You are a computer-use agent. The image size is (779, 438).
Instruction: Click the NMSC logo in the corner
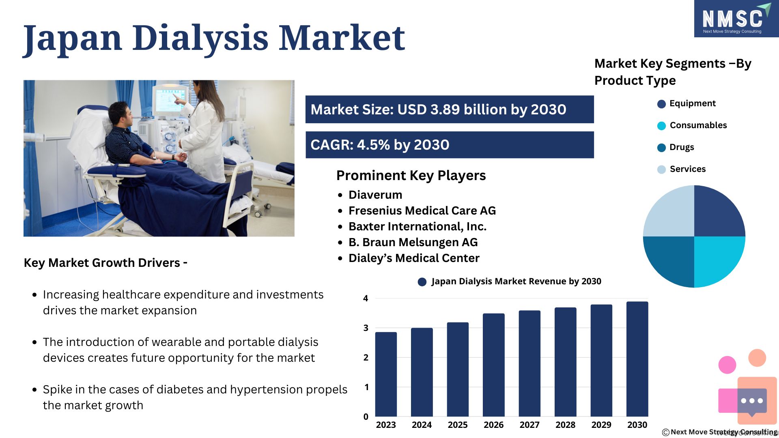[x=736, y=19]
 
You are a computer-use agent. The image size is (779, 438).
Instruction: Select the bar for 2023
[x=386, y=374]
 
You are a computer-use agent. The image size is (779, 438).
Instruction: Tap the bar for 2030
[x=637, y=359]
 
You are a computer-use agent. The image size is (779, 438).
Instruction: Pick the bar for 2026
[x=493, y=365]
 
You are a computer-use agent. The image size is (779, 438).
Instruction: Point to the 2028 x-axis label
[x=565, y=425]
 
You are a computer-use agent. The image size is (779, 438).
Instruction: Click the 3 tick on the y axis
[x=366, y=328]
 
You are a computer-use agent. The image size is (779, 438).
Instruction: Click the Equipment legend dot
[x=661, y=104]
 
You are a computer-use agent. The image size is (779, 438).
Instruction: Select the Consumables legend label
[x=698, y=125]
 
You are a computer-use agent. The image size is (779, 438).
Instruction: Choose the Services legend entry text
[x=688, y=169]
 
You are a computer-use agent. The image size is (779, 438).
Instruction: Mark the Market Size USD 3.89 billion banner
[x=450, y=109]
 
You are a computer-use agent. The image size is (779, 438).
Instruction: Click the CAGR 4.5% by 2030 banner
[x=450, y=145]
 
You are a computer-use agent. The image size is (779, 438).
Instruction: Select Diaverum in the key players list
[x=375, y=195]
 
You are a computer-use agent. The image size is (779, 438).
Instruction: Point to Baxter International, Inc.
[x=417, y=227]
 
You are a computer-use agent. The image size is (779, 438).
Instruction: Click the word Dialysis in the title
[x=200, y=39]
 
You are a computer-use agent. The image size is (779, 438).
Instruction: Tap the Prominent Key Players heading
[x=411, y=176]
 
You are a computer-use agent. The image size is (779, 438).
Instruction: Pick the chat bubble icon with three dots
[x=752, y=401]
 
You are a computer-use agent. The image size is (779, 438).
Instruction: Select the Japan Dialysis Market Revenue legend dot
[x=422, y=282]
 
